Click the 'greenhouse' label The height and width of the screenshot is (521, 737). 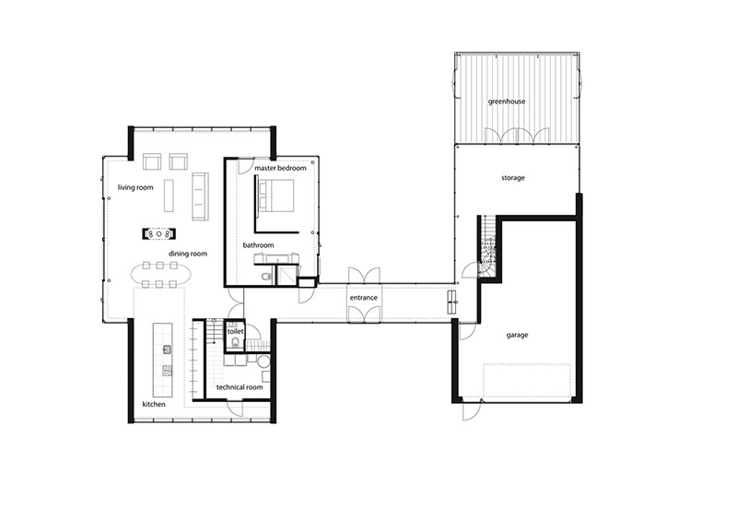coord(506,101)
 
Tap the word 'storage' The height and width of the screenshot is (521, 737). coord(513,178)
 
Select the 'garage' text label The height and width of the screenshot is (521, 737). coord(517,335)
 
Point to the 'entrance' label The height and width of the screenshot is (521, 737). coord(363,298)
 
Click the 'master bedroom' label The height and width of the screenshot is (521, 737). coord(280,168)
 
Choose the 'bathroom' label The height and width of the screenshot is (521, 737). coord(258,245)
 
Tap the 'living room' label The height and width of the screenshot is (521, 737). coord(135,187)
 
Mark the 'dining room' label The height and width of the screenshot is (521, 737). coord(188,254)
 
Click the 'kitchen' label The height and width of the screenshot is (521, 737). coord(154,404)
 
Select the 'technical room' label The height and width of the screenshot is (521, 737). coord(240,387)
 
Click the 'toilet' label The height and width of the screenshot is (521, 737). coord(236,331)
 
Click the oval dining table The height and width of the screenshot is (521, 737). coord(160,275)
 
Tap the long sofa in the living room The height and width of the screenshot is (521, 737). coord(200,196)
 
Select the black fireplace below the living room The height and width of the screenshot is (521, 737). coord(159,233)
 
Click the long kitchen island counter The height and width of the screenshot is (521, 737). coord(162,360)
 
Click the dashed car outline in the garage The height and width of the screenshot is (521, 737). coord(527,380)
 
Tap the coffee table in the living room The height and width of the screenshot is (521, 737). coord(169,195)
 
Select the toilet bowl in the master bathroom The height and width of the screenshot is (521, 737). coord(266,278)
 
